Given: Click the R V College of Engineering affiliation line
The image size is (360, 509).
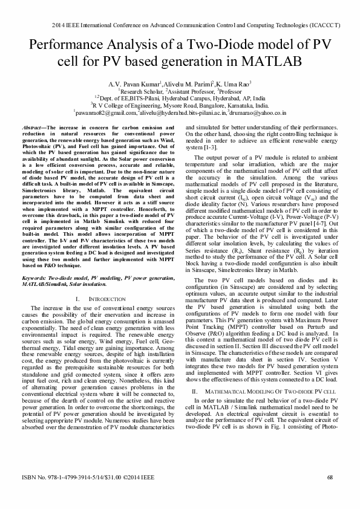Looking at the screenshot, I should pyautogui.click(x=180, y=105).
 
